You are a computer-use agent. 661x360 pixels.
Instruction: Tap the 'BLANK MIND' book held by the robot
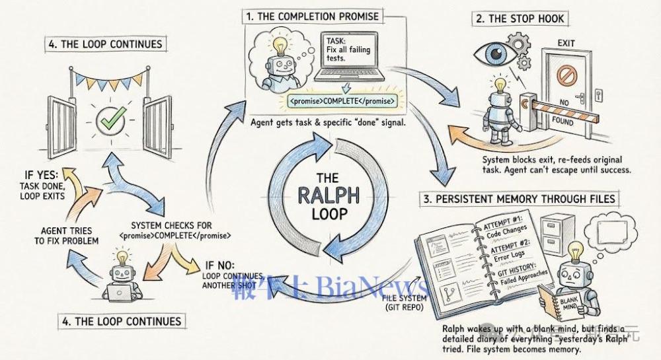555,305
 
